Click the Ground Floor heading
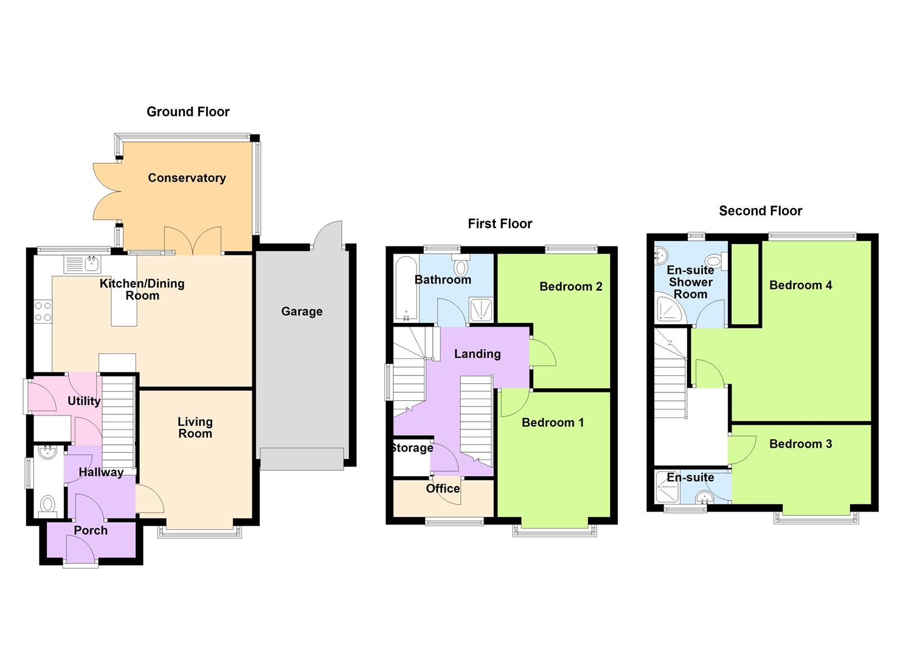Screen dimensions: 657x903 click(x=188, y=112)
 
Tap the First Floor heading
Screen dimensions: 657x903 click(x=500, y=224)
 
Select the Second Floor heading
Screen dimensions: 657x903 click(x=760, y=211)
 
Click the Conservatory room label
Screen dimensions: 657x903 click(x=187, y=178)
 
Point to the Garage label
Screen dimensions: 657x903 click(x=302, y=311)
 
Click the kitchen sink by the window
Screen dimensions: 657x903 click(x=92, y=264)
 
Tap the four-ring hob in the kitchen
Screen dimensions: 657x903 click(x=43, y=311)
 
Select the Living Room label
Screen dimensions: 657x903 click(x=195, y=428)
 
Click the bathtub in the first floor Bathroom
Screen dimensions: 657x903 click(x=406, y=288)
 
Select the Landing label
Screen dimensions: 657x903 click(x=477, y=354)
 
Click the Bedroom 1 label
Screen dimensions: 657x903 click(x=552, y=423)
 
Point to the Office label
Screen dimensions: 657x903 click(x=443, y=488)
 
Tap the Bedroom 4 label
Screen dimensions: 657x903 click(x=800, y=285)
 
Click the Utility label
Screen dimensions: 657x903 click(x=84, y=401)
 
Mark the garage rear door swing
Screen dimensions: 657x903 click(x=328, y=234)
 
